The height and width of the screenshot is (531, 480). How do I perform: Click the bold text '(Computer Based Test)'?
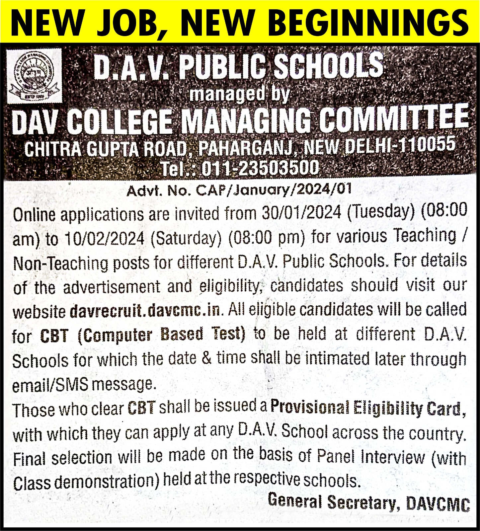(x=161, y=335)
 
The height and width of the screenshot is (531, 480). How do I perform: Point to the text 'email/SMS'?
(x=50, y=385)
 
